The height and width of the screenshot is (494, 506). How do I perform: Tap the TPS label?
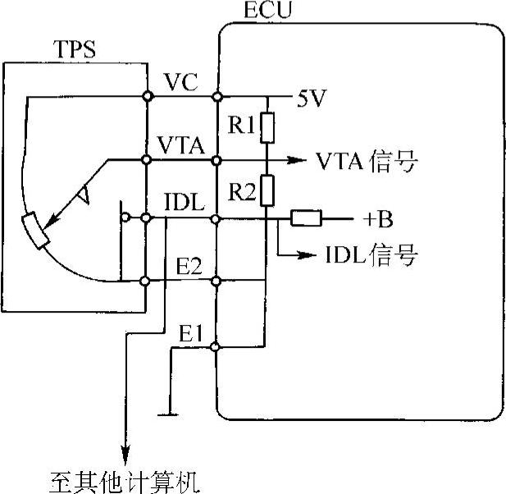coord(73,49)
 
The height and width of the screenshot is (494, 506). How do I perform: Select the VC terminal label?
coord(180,82)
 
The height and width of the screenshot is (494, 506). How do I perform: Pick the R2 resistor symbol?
coord(267,191)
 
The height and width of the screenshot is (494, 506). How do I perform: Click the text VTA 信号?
coord(366,162)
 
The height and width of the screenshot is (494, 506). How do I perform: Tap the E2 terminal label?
coord(191,268)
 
